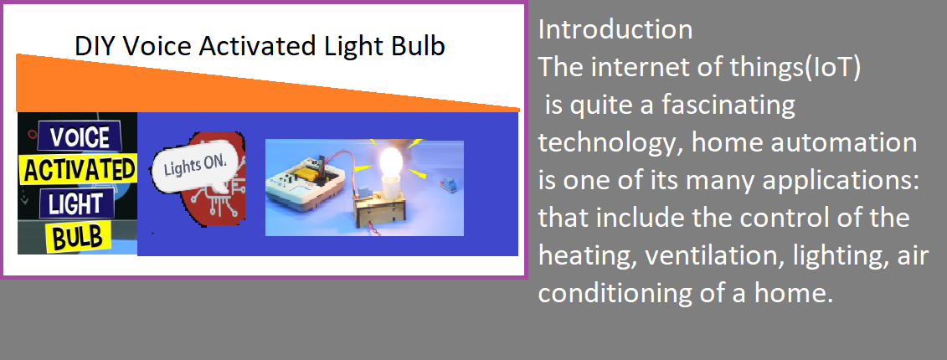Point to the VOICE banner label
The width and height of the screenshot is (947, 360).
80,137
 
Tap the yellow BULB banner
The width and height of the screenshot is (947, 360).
78,236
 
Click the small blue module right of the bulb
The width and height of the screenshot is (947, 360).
450,182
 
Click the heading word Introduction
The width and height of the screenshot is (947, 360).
615,29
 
